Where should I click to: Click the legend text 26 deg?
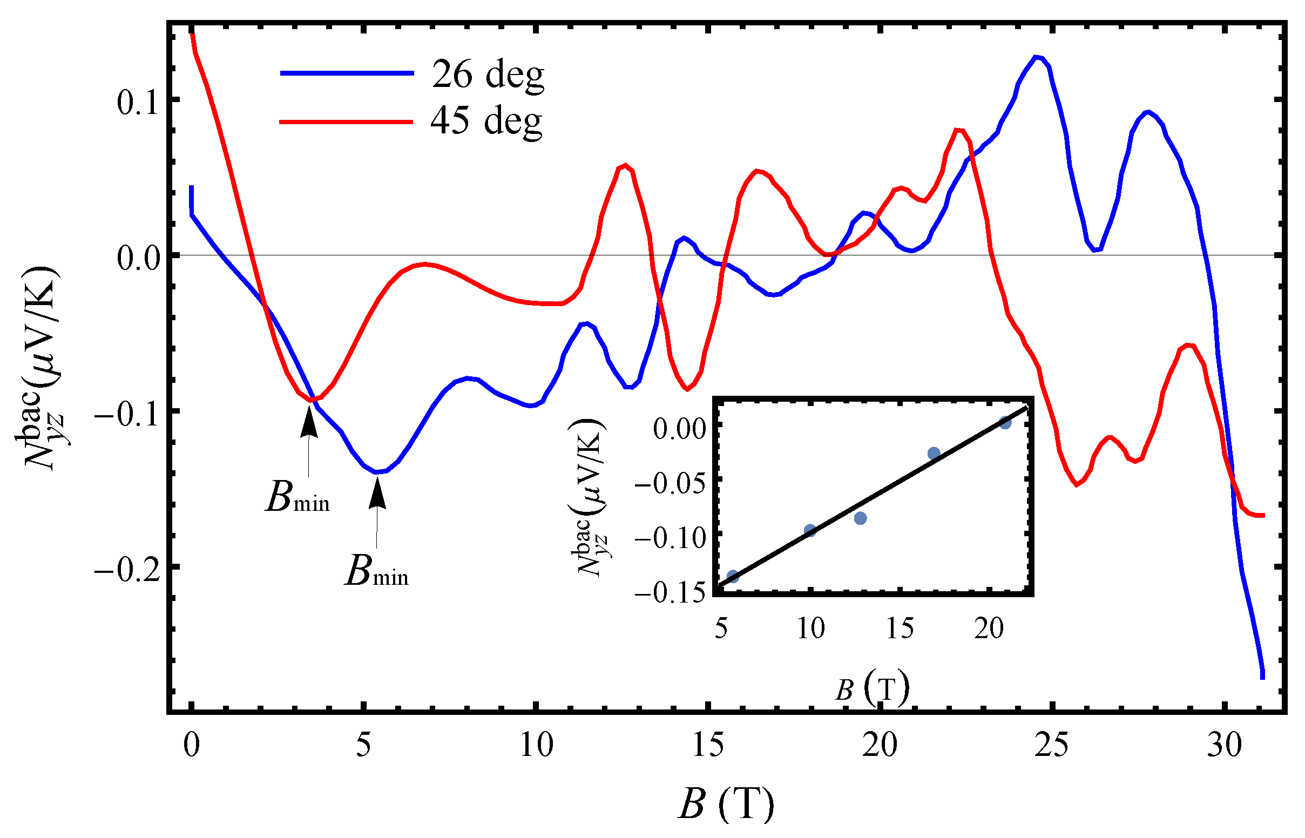[488, 75]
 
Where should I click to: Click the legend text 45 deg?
[486, 121]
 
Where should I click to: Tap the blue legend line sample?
[347, 73]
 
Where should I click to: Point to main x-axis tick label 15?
[708, 745]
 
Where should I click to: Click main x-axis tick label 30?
[1224, 745]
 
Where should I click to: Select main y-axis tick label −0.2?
[129, 571]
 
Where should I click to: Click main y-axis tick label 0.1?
[138, 102]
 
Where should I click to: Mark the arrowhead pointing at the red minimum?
[309, 422]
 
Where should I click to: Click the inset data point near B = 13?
[860, 518]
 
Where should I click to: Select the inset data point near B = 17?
[934, 453]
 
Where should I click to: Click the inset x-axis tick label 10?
[810, 628]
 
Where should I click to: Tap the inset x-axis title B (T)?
[872, 689]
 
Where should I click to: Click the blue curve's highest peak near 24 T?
[1037, 57]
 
